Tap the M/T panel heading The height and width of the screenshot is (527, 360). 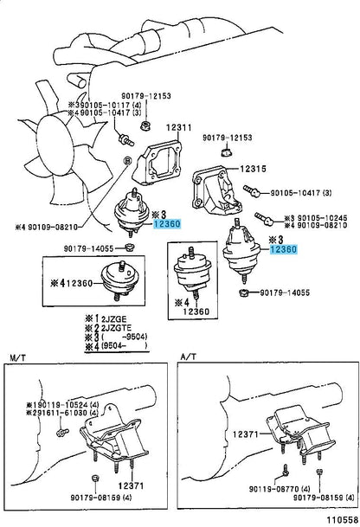click(x=18, y=357)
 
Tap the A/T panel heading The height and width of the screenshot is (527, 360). click(x=190, y=357)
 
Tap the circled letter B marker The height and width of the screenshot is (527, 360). click(x=128, y=161)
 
